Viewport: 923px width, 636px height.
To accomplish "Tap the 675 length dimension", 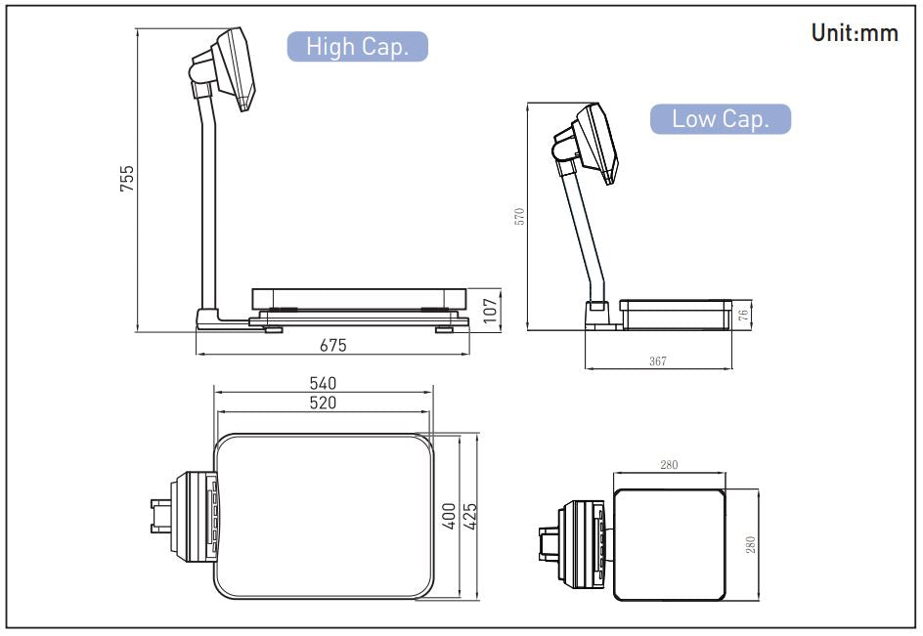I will [x=333, y=344].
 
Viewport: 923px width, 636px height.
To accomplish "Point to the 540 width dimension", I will [x=323, y=382].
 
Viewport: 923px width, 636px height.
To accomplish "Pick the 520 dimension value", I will [x=323, y=403].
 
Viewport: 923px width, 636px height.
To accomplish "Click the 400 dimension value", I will [x=449, y=517].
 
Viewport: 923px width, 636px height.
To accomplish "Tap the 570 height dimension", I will [x=520, y=217].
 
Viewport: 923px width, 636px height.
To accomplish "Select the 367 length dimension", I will [x=657, y=361].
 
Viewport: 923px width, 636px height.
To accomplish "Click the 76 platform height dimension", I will [x=743, y=315].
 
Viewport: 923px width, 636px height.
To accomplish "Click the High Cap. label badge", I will [x=357, y=47].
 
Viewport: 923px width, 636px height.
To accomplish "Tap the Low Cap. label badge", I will [x=721, y=119].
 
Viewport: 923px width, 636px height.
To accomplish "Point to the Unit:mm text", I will [x=854, y=33].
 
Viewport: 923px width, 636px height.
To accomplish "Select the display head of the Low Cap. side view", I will [x=593, y=142].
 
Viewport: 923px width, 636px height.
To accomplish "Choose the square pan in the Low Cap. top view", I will [x=669, y=543].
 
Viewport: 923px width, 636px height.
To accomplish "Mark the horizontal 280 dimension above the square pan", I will [x=669, y=465].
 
